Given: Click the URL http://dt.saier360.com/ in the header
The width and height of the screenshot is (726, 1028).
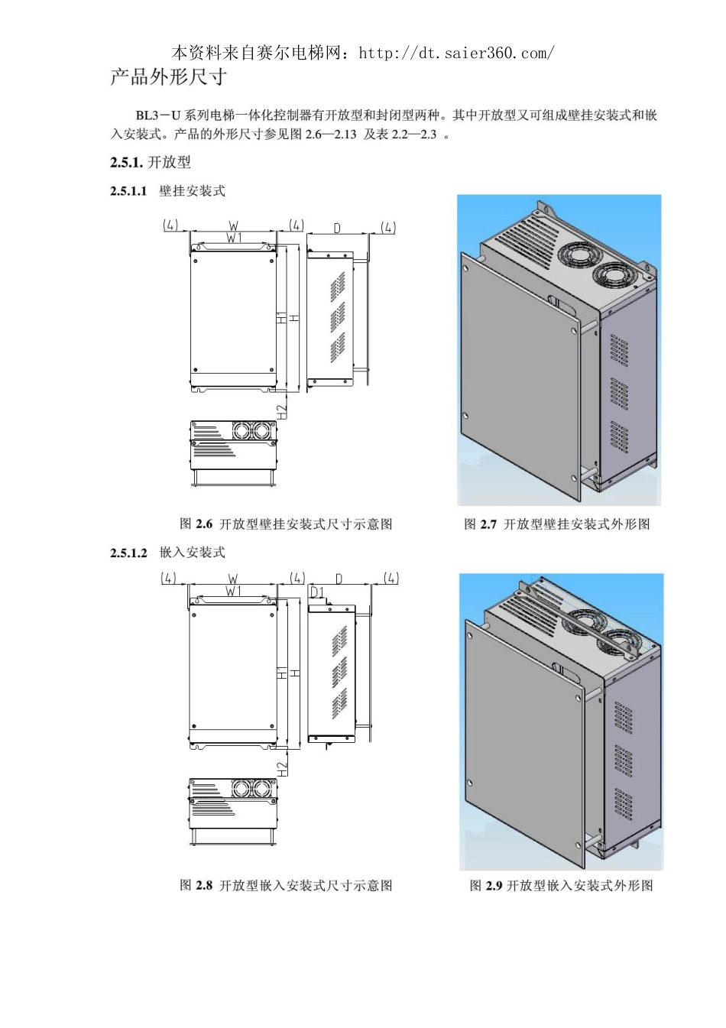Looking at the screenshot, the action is pyautogui.click(x=456, y=54).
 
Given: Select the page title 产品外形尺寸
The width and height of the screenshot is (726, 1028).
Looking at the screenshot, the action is pyautogui.click(x=168, y=76).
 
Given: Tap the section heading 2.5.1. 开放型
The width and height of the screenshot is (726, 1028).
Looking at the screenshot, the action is pyautogui.click(x=150, y=162).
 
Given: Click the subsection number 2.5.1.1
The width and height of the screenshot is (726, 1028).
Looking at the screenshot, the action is pyautogui.click(x=128, y=191).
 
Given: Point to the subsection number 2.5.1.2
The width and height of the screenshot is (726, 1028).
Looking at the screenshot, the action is pyautogui.click(x=128, y=553).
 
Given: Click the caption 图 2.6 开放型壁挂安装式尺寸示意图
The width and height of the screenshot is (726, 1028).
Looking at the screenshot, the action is pyautogui.click(x=286, y=524).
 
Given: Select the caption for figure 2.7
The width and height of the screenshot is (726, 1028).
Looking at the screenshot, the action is pyautogui.click(x=557, y=524).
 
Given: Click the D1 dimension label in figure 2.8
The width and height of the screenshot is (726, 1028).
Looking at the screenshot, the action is pyautogui.click(x=317, y=592).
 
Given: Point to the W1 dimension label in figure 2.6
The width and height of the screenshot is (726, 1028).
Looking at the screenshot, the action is pyautogui.click(x=234, y=238).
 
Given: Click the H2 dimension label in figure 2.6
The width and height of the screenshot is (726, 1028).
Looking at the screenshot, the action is pyautogui.click(x=283, y=410).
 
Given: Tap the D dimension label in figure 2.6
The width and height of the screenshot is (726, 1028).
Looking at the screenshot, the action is pyautogui.click(x=337, y=228).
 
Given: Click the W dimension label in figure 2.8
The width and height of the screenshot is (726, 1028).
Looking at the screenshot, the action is pyautogui.click(x=233, y=579).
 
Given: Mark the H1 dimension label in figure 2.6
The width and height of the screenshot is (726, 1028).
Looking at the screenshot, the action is pyautogui.click(x=281, y=318).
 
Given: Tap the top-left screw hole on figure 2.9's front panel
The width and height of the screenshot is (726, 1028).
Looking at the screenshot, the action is pyautogui.click(x=469, y=636).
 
